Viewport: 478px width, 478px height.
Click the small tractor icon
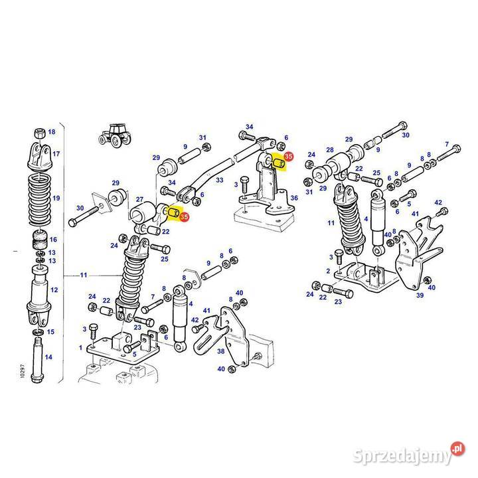pyautogui.click(x=115, y=135)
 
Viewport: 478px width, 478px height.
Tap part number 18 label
pyautogui.click(x=52, y=131)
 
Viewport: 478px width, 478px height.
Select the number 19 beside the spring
pyautogui.click(x=56, y=198)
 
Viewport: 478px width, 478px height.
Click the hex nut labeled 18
pyautogui.click(x=39, y=133)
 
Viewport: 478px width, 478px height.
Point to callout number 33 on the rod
pyautogui.click(x=220, y=180)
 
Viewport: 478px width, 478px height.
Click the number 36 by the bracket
pyautogui.click(x=294, y=198)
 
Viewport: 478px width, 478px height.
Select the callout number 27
pyautogui.click(x=139, y=199)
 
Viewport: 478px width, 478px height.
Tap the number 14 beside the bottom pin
pyautogui.click(x=48, y=357)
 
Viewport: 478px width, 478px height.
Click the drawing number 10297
pyautogui.click(x=23, y=371)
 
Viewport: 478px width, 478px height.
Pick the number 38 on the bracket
pyautogui.click(x=220, y=351)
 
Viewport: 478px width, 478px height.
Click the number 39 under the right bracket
pyautogui.click(x=420, y=295)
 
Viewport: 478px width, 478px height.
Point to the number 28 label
pyautogui.click(x=330, y=150)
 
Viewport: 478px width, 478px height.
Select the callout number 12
pyautogui.click(x=54, y=290)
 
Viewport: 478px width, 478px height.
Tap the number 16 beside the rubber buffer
pyautogui.click(x=53, y=240)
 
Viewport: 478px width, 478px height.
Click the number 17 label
pyautogui.click(x=56, y=153)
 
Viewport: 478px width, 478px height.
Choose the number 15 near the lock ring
pyautogui.click(x=50, y=332)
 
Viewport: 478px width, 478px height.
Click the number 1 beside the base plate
pyautogui.click(x=80, y=347)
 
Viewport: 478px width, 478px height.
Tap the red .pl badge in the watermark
pyautogui.click(x=457, y=449)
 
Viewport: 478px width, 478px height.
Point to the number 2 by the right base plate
pyautogui.click(x=328, y=271)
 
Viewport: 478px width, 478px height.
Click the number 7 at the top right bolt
pyautogui.click(x=447, y=144)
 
